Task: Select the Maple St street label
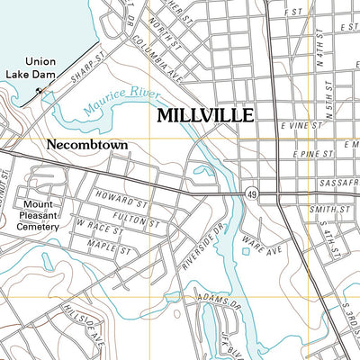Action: coord(105,244)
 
